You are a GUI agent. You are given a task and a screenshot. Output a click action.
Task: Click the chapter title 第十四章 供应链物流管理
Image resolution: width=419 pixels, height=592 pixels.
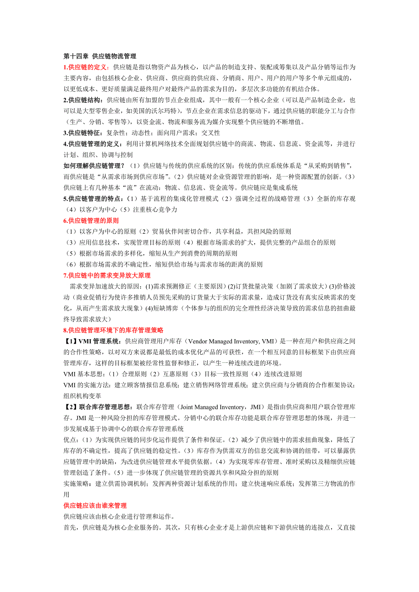[100, 56]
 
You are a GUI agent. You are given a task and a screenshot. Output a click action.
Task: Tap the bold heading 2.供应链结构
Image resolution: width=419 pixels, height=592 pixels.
[83, 100]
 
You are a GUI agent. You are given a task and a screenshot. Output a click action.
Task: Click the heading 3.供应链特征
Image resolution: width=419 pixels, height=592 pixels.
[83, 133]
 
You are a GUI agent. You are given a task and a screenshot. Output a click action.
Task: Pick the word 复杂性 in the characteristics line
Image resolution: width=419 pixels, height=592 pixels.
[115, 133]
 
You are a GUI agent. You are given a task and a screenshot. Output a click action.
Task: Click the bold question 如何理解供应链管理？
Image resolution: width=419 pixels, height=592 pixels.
[94, 166]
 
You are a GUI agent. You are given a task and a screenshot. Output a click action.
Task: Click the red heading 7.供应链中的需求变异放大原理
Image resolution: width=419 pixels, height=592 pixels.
[107, 275]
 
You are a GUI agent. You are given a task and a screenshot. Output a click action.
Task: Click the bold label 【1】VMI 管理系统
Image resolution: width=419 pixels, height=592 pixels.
[92, 341]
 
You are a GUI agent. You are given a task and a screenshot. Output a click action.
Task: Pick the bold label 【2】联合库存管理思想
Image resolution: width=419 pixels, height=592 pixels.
[98, 406]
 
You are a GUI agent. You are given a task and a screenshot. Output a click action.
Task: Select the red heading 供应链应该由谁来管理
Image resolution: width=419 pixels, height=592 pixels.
[95, 505]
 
